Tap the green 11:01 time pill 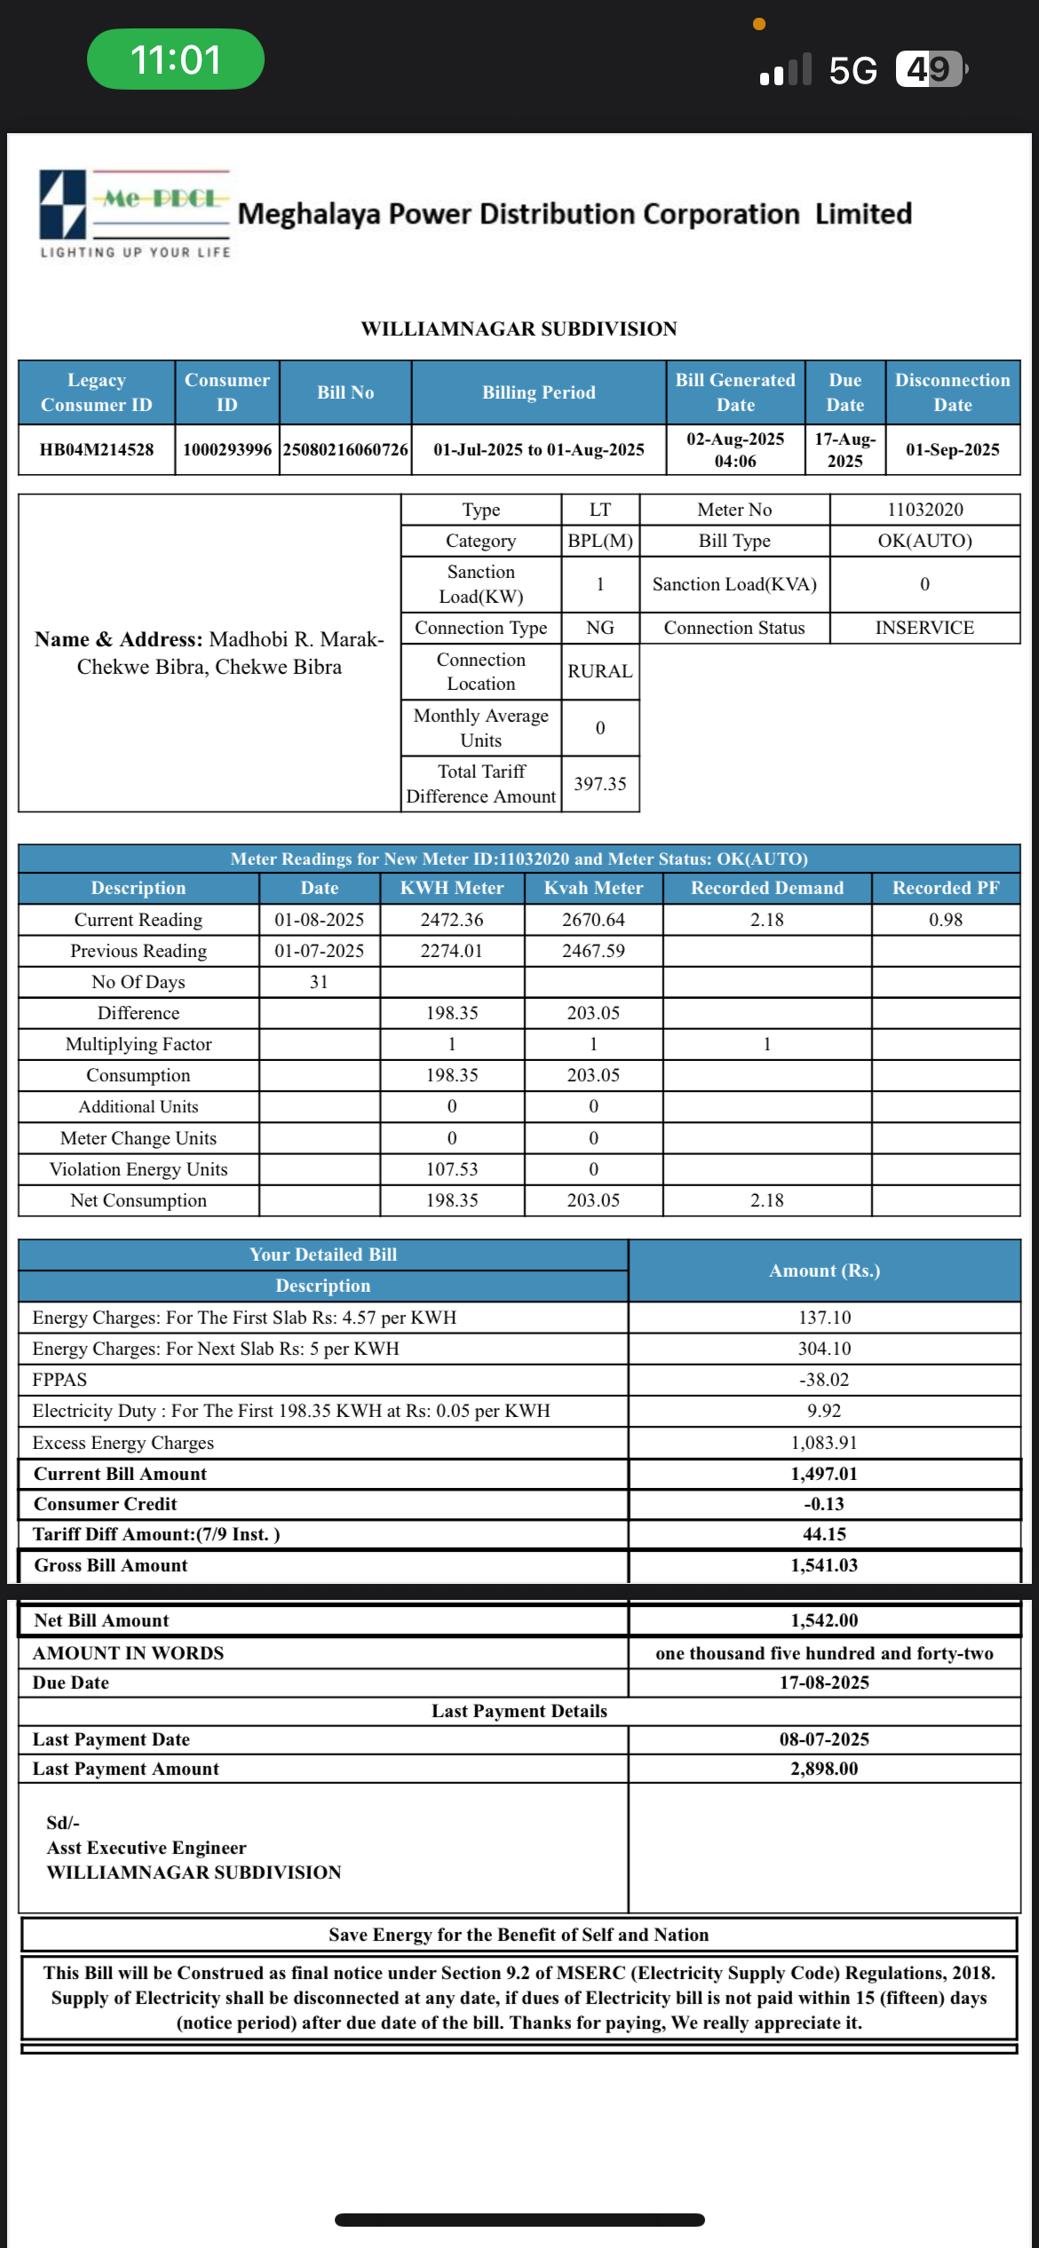click(x=175, y=59)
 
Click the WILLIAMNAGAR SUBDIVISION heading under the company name click(x=519, y=329)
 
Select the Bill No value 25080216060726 click(x=345, y=450)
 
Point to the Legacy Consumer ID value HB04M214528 click(x=96, y=450)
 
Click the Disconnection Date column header click(x=952, y=392)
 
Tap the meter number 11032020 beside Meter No click(x=924, y=510)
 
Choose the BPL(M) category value click(x=600, y=541)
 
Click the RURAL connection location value click(x=600, y=671)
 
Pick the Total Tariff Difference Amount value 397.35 click(x=600, y=784)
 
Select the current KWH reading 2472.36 click(x=452, y=920)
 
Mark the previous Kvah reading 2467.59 click(x=593, y=951)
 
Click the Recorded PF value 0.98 click(x=946, y=920)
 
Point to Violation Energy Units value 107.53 click(x=452, y=1169)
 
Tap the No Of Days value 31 click(x=319, y=982)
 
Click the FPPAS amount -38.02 click(x=824, y=1380)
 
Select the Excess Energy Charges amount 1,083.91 click(x=824, y=1443)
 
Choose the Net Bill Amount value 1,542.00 click(x=824, y=1620)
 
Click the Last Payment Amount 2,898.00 click(x=824, y=1769)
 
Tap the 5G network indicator click(x=853, y=70)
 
